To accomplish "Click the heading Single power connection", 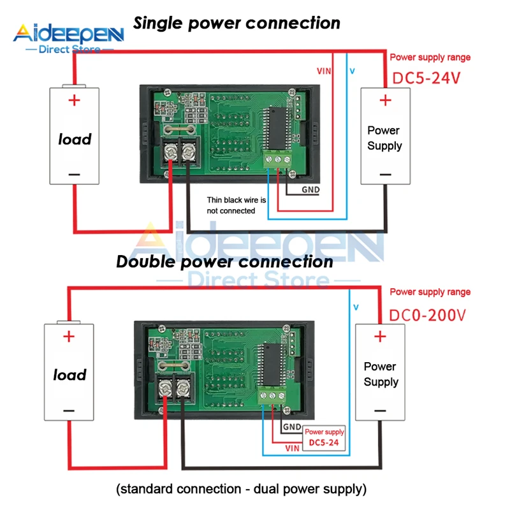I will pos(237,24).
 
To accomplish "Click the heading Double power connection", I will pos(225,262).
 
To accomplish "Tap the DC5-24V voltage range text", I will pos(425,79).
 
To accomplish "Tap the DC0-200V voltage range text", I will pos(428,315).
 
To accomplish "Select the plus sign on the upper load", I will pos(75,100).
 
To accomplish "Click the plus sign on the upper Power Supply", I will pos(385,100).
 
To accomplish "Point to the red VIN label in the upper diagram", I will pos(324,71).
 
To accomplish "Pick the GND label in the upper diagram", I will pos(310,190).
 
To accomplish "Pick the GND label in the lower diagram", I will pos(291,427).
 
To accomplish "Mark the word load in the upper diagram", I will pos(75,139).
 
